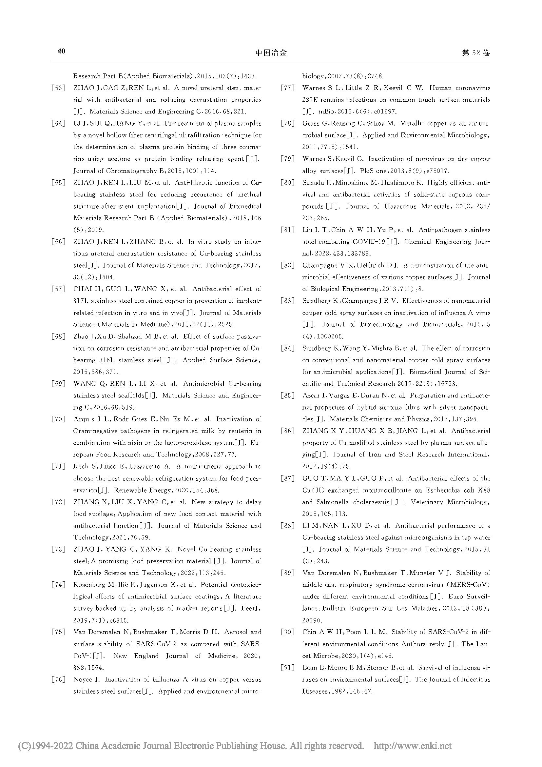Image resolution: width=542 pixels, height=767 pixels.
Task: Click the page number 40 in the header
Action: [x=61, y=51]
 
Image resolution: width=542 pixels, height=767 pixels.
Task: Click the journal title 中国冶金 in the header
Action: [x=271, y=53]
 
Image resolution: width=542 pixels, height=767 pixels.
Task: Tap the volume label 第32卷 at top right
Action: [x=476, y=53]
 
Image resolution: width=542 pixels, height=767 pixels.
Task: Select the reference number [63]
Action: [x=58, y=88]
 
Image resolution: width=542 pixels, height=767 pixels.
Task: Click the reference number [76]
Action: [x=58, y=679]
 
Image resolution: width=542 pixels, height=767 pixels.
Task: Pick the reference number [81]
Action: [x=287, y=230]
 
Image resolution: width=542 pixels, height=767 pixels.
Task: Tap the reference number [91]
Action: [x=287, y=667]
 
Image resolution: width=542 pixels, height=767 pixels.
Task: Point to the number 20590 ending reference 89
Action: [x=312, y=620]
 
